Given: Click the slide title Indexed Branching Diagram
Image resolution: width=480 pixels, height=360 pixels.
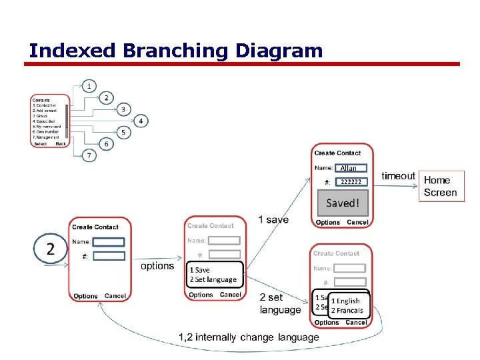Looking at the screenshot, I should [176, 51].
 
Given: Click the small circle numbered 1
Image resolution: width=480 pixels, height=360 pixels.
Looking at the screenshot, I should [89, 86].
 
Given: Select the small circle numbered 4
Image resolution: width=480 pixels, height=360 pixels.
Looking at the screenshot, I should [141, 121].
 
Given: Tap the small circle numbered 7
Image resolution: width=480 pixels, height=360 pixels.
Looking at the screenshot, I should [89, 155].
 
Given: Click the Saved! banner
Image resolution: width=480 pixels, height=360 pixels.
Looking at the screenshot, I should [342, 203].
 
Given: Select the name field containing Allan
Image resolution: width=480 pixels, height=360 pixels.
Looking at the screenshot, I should [349, 168].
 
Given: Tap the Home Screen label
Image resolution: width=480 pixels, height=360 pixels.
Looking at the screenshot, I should [440, 186].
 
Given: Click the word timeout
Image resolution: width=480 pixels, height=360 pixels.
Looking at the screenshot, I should [398, 176].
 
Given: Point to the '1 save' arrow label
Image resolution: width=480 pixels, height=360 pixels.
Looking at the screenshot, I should [273, 220].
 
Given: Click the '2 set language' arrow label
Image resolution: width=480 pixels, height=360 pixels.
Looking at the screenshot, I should [280, 303].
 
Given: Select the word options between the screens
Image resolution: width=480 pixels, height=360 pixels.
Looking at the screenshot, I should [157, 266].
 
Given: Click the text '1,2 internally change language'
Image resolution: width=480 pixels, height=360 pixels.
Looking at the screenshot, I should [249, 337].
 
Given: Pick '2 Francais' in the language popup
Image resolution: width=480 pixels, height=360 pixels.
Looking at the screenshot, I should [347, 310].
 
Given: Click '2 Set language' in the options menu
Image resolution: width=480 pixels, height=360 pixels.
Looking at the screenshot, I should [213, 279].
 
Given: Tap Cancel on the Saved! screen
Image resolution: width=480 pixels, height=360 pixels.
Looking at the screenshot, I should [357, 222].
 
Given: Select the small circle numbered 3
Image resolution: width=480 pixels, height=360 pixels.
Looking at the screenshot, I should [123, 109].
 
